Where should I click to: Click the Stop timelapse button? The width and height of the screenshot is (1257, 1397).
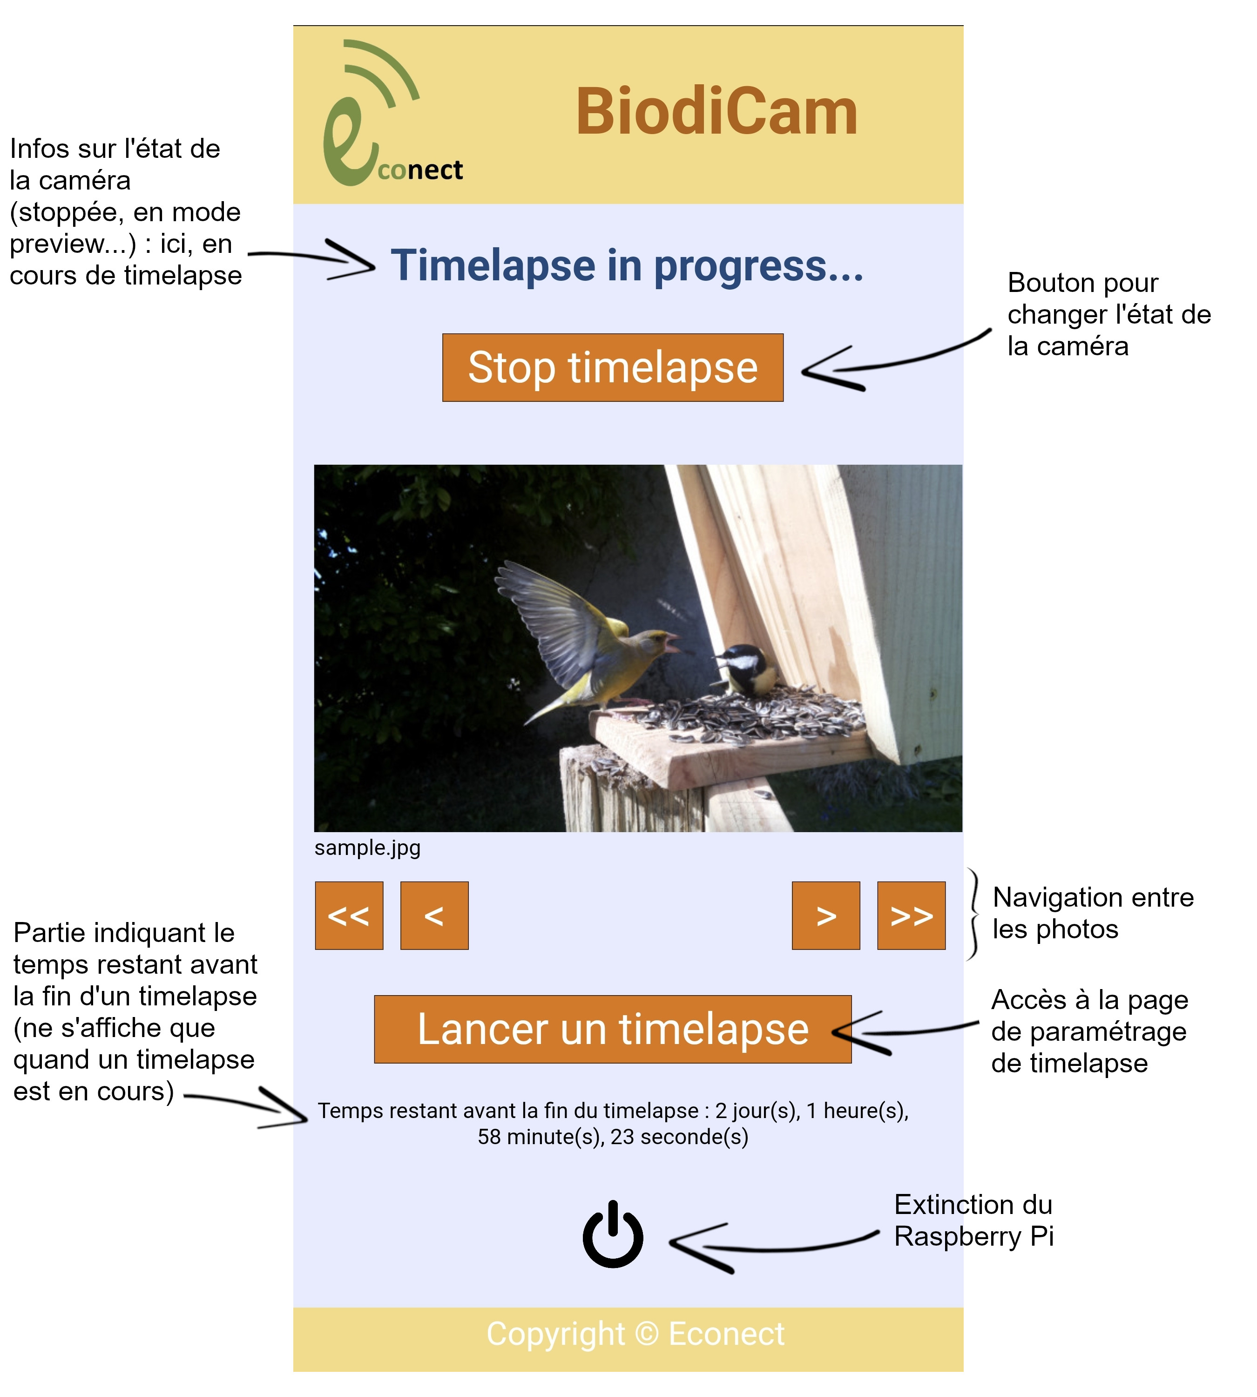613,367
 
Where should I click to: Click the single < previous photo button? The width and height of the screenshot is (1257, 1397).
434,916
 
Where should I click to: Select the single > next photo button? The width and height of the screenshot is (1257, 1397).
825,916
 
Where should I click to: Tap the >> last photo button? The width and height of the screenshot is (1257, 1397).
911,916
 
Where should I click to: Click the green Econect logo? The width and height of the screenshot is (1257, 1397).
387,117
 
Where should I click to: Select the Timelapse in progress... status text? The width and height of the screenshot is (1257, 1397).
627,265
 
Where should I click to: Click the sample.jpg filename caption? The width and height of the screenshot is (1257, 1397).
367,848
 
